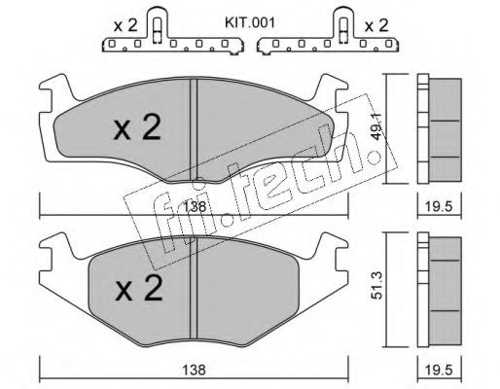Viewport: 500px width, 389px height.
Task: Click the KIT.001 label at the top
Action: pyautogui.click(x=250, y=23)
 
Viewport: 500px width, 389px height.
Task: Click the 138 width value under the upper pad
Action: pyautogui.click(x=195, y=206)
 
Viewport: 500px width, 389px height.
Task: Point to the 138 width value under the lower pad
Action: pyautogui.click(x=195, y=370)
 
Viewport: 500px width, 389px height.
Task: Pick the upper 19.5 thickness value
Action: pyautogui.click(x=440, y=206)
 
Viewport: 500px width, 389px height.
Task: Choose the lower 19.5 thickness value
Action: pyautogui.click(x=440, y=370)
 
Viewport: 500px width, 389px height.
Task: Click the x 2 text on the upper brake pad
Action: pyautogui.click(x=137, y=127)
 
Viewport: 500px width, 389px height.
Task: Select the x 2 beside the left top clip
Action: pyautogui.click(x=125, y=25)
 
